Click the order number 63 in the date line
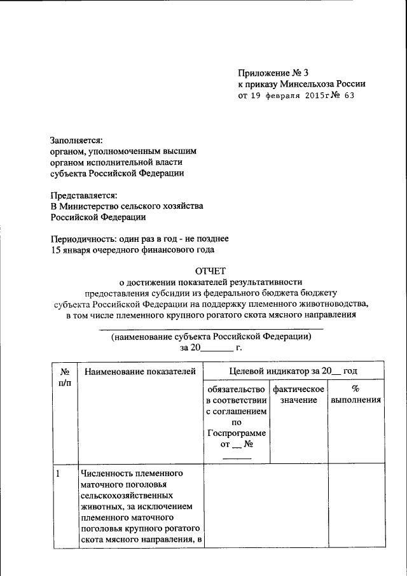[348, 96]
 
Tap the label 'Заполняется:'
[76, 140]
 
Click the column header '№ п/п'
[64, 377]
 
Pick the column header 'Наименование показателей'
[139, 371]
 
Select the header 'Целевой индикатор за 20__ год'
[294, 371]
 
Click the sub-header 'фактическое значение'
[298, 394]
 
